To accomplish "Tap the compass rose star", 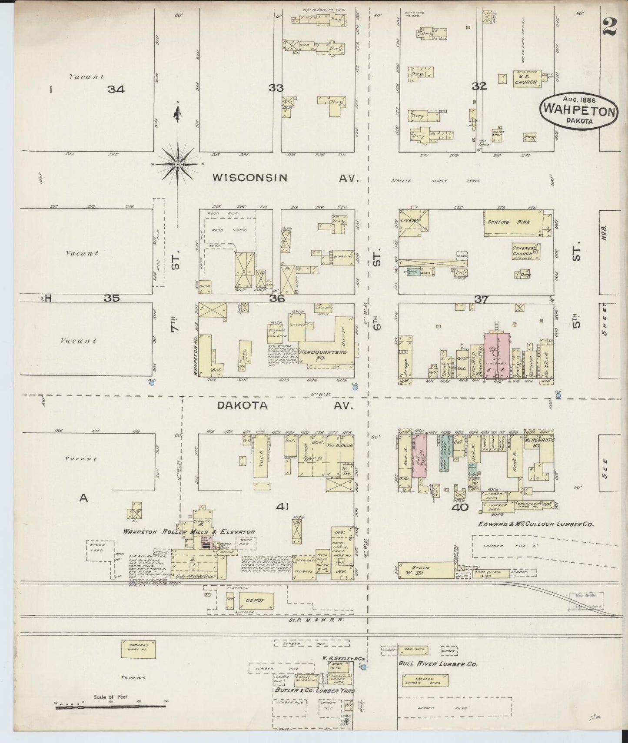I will (178, 164).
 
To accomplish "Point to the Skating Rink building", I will (513, 222).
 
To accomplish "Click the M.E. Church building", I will (526, 78).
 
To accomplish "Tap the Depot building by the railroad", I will (252, 600).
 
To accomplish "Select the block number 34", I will (116, 90).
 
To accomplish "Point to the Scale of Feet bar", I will (111, 708).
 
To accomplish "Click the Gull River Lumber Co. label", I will (438, 664).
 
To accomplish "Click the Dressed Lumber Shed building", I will (425, 681).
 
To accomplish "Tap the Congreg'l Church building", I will (525, 251).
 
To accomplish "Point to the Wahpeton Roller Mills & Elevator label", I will (189, 532).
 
